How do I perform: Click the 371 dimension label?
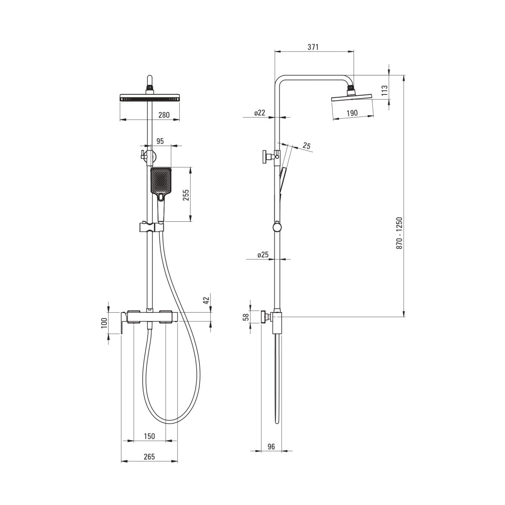point(313,47)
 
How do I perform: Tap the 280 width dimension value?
point(164,115)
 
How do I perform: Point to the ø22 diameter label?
point(260,113)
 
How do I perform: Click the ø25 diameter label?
point(263,255)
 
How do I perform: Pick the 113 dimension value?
point(384,90)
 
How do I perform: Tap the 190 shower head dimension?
point(352,113)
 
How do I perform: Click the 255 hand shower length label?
point(186,195)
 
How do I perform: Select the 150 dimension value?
point(149,436)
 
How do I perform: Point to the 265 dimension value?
point(149,457)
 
